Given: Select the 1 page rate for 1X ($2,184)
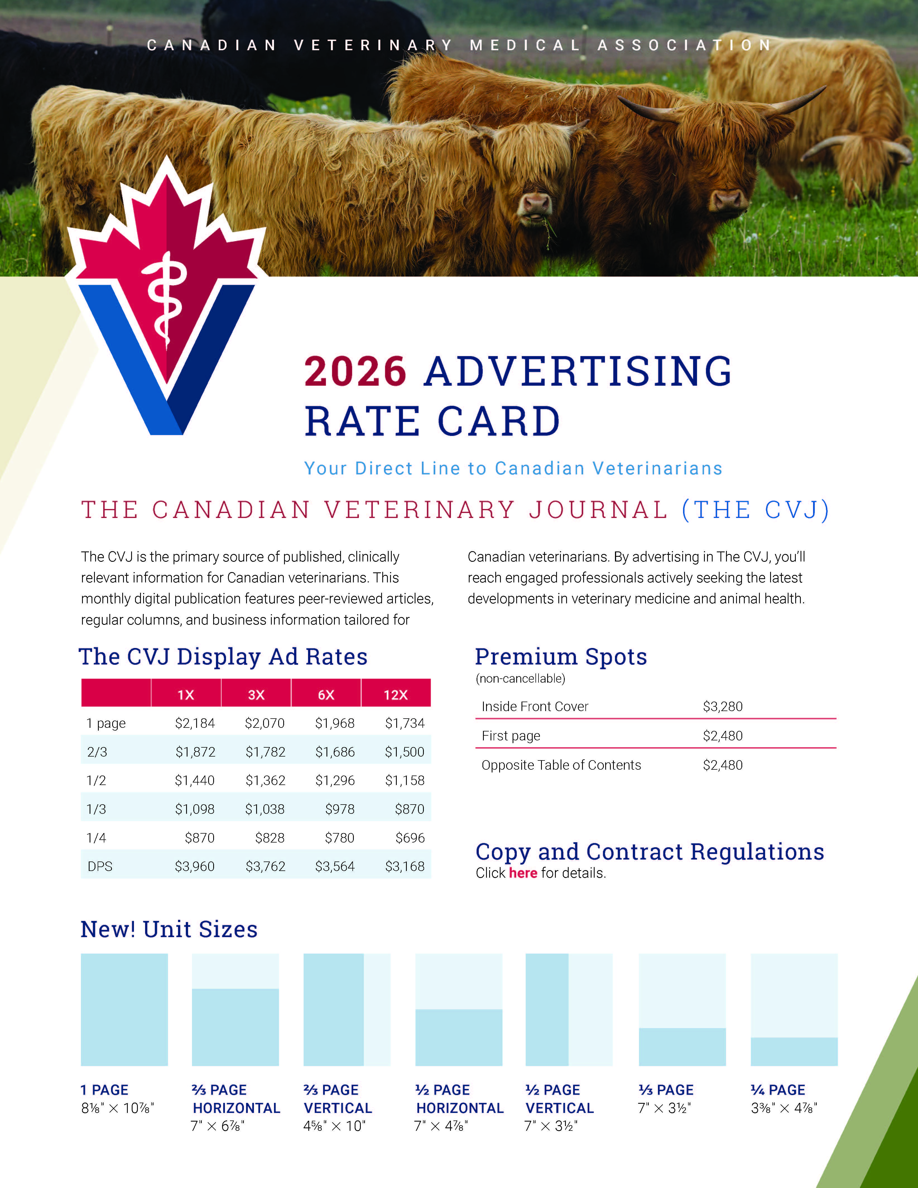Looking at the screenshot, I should (x=195, y=723).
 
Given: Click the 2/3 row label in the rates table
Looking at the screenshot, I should (x=97, y=752).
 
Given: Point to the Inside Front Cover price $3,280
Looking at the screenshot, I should (x=722, y=706).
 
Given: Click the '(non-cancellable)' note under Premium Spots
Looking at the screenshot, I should (x=520, y=678).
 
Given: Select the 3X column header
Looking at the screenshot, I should (x=256, y=695).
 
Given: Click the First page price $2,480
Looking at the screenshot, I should (x=722, y=735).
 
